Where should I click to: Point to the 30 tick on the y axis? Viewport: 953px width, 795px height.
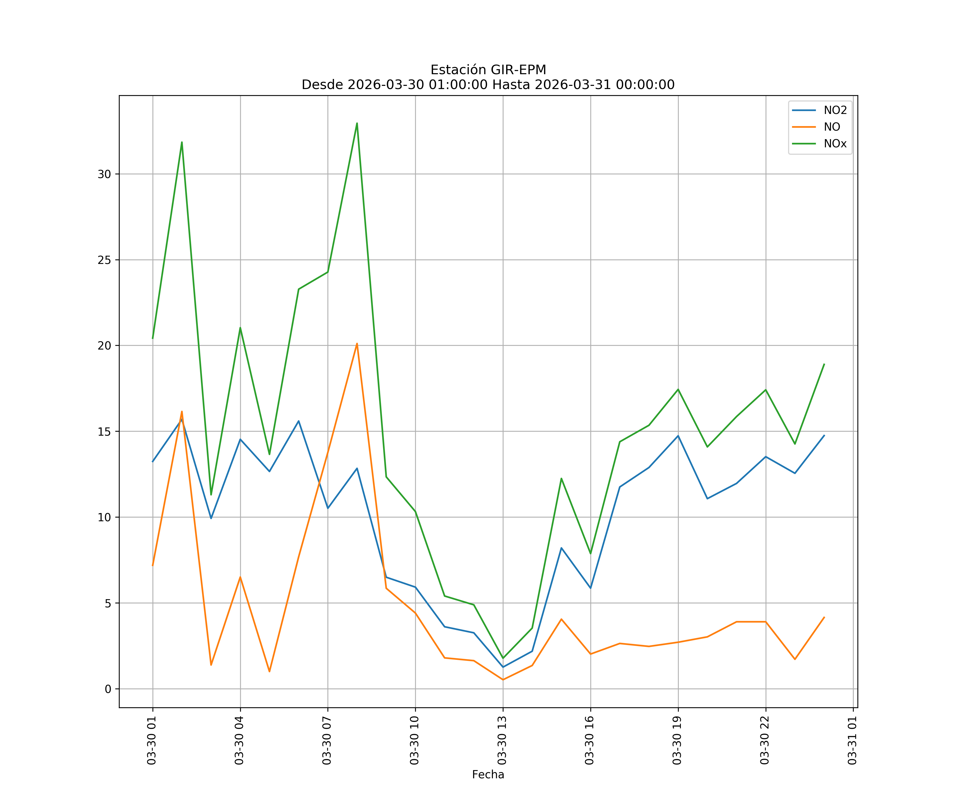pos(104,174)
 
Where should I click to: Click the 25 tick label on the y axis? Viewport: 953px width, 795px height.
pos(104,260)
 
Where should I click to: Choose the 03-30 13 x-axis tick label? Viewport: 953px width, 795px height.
pos(502,740)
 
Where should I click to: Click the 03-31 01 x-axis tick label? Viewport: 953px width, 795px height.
pos(852,740)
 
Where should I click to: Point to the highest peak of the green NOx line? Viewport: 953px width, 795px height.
pos(357,123)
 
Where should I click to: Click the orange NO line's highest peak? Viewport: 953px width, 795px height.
pos(357,344)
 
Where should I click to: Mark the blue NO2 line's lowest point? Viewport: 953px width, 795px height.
pos(503,667)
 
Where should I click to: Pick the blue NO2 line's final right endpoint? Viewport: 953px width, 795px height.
pos(824,435)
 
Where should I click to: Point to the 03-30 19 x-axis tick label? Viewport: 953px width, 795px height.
pos(677,740)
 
